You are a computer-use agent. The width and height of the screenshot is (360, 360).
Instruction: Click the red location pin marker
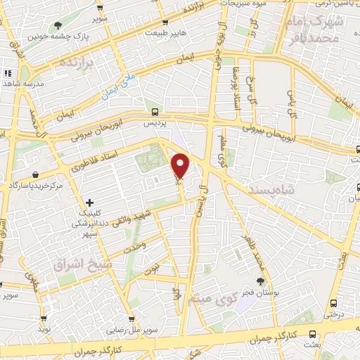(181, 166)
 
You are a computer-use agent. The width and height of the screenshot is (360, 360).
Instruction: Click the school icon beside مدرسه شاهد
(8, 73)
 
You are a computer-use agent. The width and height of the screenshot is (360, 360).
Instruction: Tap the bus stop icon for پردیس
(155, 112)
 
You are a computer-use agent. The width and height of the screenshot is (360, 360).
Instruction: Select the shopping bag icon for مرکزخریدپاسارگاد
(35, 174)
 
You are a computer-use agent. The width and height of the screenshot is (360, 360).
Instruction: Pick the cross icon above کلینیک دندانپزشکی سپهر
(89, 202)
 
